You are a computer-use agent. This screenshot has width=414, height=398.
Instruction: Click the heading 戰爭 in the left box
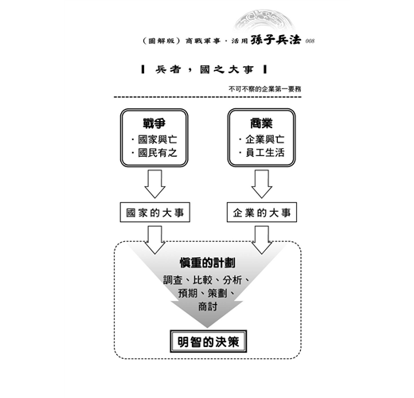pyautogui.click(x=154, y=123)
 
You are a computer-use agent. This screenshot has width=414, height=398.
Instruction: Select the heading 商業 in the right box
pyautogui.click(x=261, y=123)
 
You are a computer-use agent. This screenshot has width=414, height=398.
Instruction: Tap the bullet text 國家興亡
pyautogui.click(x=158, y=139)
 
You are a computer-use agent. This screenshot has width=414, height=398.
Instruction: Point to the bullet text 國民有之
pyautogui.click(x=158, y=153)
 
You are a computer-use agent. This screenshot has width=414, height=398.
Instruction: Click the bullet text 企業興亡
pyautogui.click(x=265, y=139)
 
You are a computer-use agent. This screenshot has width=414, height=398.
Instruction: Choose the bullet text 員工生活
pyautogui.click(x=265, y=153)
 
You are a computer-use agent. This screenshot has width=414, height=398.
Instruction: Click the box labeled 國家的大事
pyautogui.click(x=155, y=213)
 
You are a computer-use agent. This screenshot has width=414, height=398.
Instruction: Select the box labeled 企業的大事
pyautogui.click(x=262, y=213)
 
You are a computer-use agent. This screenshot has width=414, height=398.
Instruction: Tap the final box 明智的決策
pyautogui.click(x=209, y=341)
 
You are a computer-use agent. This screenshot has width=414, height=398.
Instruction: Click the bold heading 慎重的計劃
pyautogui.click(x=208, y=263)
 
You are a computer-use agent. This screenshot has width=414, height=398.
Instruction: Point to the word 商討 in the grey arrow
pyautogui.click(x=208, y=306)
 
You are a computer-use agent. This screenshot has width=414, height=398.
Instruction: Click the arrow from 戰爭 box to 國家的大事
pyautogui.click(x=155, y=184)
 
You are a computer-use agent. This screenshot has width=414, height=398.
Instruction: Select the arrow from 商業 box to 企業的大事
pyautogui.click(x=262, y=184)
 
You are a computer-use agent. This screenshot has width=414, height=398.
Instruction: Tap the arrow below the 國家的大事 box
pyautogui.click(x=155, y=240)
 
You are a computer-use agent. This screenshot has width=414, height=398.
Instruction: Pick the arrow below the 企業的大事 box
pyautogui.click(x=262, y=240)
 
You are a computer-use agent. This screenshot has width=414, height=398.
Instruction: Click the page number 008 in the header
pyautogui.click(x=310, y=41)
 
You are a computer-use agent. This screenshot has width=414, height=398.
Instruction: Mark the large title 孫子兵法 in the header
pyautogui.click(x=276, y=40)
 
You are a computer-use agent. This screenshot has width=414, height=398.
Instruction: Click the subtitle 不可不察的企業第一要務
pyautogui.click(x=265, y=89)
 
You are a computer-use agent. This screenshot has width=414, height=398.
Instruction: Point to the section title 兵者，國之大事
pyautogui.click(x=205, y=70)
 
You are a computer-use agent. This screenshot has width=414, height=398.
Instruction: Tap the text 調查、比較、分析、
pyautogui.click(x=206, y=280)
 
